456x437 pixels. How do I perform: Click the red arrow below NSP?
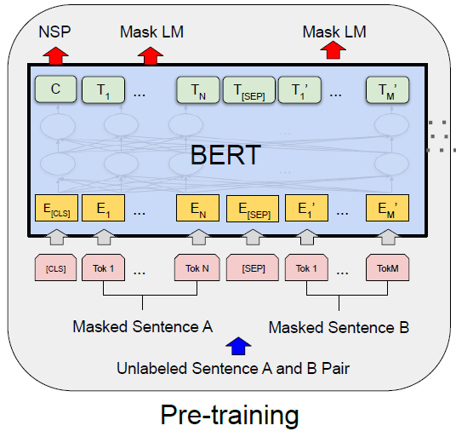[x=55, y=55]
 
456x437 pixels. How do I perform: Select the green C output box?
[x=55, y=89]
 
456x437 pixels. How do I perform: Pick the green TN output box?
[x=197, y=89]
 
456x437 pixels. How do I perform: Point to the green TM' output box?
[x=388, y=89]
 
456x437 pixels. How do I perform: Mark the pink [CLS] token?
[x=55, y=268]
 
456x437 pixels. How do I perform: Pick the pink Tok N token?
[x=197, y=268]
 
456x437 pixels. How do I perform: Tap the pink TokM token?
[x=388, y=268]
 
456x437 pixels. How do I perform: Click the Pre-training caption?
[x=230, y=414]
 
